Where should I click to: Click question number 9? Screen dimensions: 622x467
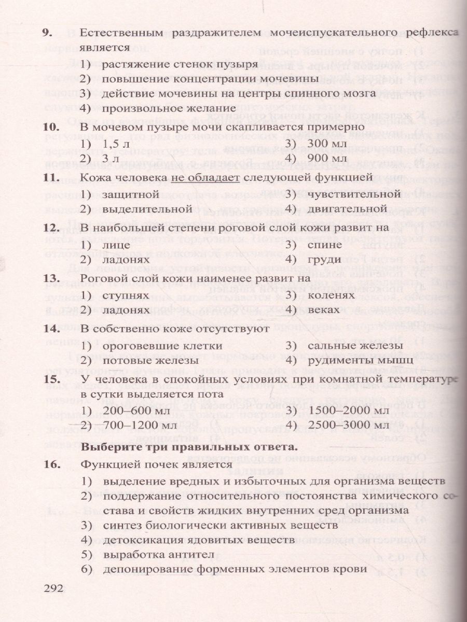47,33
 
